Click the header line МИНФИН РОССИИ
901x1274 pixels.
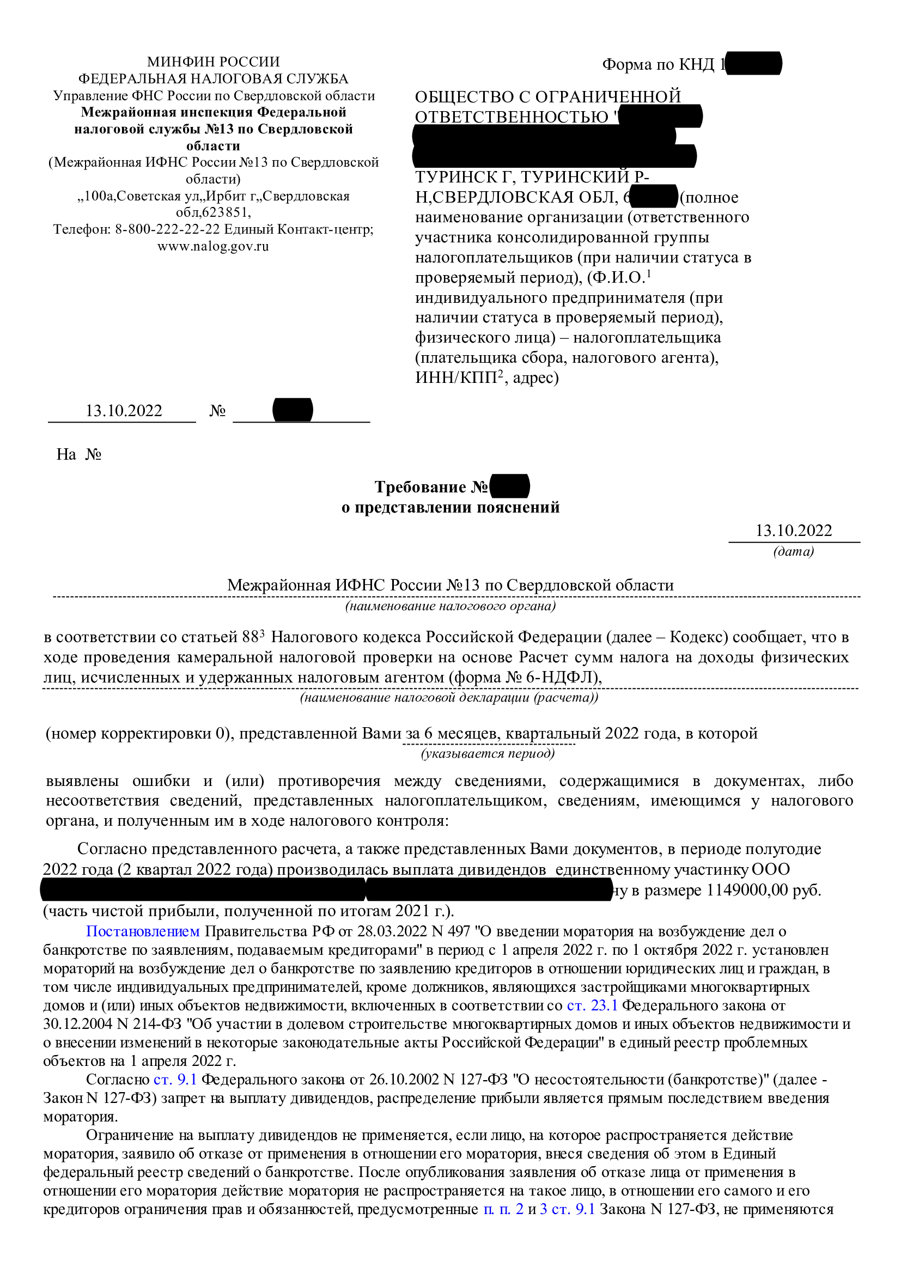(x=213, y=62)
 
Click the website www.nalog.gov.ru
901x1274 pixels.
(x=213, y=246)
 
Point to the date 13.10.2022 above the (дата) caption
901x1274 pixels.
(x=793, y=531)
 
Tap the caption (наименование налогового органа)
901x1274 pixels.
(x=450, y=606)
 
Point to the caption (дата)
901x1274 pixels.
(x=793, y=551)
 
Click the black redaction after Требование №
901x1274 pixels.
(x=509, y=486)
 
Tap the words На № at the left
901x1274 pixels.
(x=79, y=454)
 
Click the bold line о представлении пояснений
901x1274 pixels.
(x=450, y=507)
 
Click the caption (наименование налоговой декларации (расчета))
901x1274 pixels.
(x=449, y=698)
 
